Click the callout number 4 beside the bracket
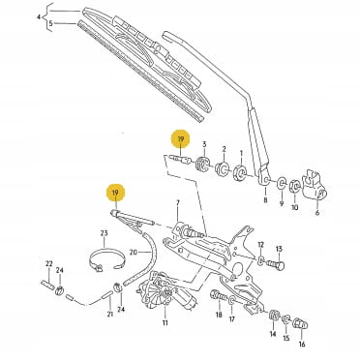(39, 16)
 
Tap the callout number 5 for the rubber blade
(50, 23)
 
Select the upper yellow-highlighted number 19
(181, 139)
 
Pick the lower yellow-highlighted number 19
(115, 193)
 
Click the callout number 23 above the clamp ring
(104, 233)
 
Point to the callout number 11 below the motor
(165, 322)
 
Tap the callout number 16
(302, 345)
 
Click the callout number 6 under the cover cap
(317, 212)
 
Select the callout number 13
(279, 249)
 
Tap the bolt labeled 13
(276, 265)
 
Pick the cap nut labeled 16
(300, 323)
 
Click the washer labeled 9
(281, 184)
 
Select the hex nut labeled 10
(295, 186)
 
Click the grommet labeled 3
(202, 164)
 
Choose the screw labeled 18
(219, 295)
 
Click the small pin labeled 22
(48, 286)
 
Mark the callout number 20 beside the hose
(133, 252)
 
